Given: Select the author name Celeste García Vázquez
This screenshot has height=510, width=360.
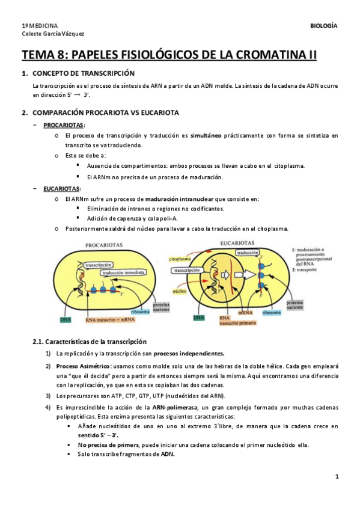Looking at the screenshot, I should click(x=53, y=34).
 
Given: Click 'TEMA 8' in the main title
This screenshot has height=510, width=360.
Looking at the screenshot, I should click(x=43, y=56).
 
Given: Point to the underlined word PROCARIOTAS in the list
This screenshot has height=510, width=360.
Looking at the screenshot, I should click(x=63, y=124).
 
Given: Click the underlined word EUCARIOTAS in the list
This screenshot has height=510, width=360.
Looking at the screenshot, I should click(x=61, y=188).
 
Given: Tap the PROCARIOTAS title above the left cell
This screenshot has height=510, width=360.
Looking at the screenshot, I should click(x=104, y=245).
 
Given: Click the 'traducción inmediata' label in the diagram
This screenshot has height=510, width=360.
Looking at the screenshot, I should click(x=124, y=272).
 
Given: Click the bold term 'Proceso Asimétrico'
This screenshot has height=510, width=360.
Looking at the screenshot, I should click(x=81, y=366).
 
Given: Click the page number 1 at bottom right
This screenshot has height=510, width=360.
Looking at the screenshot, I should click(x=337, y=478).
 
